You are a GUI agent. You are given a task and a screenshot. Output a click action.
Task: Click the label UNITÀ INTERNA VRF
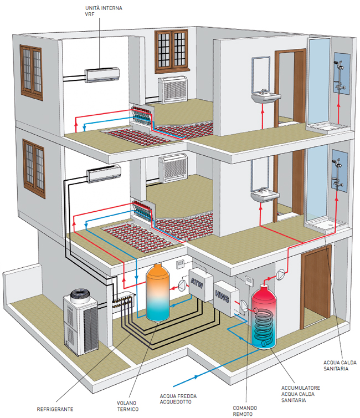click(104, 11)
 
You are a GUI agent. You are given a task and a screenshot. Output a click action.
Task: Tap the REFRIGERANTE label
click(55, 409)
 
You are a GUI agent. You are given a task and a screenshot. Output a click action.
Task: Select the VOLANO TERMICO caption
click(128, 406)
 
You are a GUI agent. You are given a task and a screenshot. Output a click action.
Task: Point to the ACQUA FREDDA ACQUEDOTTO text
click(178, 399)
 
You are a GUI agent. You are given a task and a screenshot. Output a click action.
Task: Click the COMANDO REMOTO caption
click(245, 411)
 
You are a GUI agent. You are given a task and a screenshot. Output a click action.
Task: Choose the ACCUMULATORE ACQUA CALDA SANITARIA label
click(300, 394)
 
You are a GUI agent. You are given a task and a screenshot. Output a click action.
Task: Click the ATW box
click(200, 285)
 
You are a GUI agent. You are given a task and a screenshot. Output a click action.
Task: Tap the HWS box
click(226, 298)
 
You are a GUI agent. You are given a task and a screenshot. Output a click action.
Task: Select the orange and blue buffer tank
click(158, 293)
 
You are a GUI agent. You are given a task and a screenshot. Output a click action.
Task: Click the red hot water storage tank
click(264, 316)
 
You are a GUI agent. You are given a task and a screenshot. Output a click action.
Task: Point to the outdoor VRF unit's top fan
click(80, 295)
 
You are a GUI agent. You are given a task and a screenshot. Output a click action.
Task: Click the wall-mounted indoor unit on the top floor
click(102, 75)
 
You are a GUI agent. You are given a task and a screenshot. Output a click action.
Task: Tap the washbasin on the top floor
click(266, 98)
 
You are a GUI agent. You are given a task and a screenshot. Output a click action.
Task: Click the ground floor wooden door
click(316, 287)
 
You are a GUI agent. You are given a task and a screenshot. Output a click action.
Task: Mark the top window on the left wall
click(31, 73)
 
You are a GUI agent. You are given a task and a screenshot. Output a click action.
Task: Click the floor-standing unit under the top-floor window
click(173, 90)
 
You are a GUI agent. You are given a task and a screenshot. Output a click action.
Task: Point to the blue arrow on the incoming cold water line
click(196, 376)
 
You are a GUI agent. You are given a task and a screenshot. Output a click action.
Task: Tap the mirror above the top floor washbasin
click(261, 74)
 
